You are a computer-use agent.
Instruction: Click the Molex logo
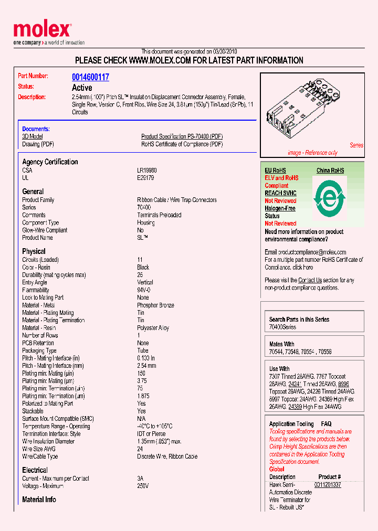coord(42,31)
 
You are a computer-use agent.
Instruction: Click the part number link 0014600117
coord(90,77)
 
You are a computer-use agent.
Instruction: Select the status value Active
coord(82,88)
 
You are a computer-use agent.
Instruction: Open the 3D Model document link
coord(32,136)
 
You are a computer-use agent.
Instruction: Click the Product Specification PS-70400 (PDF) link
coord(182,136)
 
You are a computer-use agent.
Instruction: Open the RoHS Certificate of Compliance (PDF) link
coord(182,144)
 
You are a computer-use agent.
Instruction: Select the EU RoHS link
coord(275,171)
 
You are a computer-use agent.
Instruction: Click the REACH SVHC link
coord(280,193)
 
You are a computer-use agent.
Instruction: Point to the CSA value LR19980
coord(146,171)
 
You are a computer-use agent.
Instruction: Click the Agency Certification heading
coord(50,162)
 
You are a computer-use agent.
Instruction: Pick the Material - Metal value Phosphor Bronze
coord(155,305)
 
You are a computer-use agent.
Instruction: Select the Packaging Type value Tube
coord(143,351)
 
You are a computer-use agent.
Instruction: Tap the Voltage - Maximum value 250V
coord(143,486)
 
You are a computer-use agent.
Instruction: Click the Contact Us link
coord(310,280)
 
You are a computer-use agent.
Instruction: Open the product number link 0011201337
coord(328,485)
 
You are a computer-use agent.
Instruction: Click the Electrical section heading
coord(35,470)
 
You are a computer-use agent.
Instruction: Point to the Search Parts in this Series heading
coord(299,319)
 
